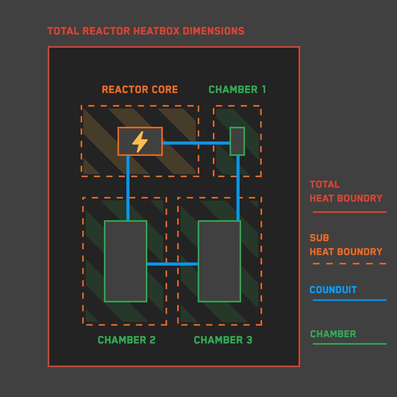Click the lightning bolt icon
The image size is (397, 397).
tap(140, 142)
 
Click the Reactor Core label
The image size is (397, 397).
tap(140, 90)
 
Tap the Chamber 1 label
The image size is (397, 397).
tap(237, 90)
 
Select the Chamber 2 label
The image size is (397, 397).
tap(126, 340)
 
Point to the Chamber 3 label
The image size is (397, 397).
tap(223, 340)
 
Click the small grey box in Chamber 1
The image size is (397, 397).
tap(237, 141)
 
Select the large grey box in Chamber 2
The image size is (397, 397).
tap(126, 261)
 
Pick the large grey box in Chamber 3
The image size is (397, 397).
tap(219, 261)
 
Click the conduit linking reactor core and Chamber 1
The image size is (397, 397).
tap(196, 143)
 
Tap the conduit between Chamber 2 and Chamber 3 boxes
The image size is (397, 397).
tap(172, 264)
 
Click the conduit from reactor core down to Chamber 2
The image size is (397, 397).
tap(128, 188)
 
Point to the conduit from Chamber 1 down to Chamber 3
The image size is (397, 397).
tap(238, 188)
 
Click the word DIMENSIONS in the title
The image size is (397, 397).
tap(214, 31)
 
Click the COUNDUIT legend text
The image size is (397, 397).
tap(333, 290)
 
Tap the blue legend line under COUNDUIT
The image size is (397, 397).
tap(349, 300)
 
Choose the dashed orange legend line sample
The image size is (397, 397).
tap(349, 264)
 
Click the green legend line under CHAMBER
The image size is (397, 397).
tap(349, 344)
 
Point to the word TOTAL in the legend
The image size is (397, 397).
tap(325, 185)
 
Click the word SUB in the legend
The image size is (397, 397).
tap(319, 238)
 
